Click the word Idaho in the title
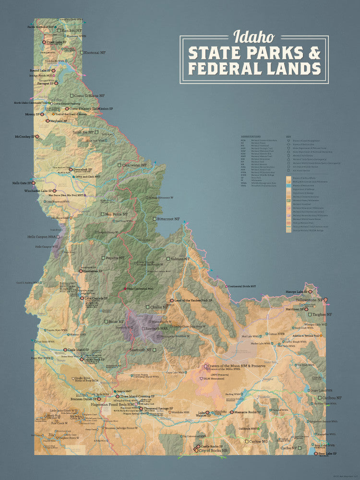pos(254,36)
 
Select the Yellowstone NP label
pos(310,300)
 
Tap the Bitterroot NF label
pos(168,218)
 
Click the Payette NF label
pos(115,258)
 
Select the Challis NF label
pos(159,307)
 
